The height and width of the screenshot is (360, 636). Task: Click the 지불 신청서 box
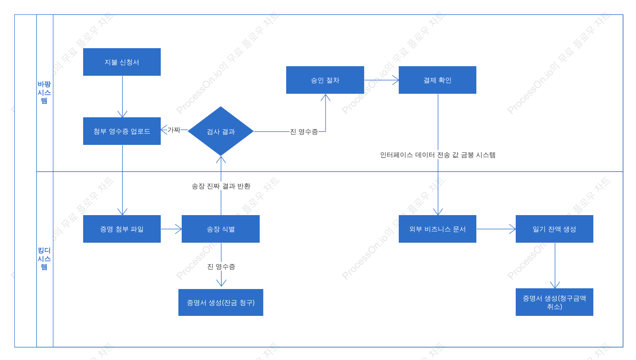click(x=122, y=62)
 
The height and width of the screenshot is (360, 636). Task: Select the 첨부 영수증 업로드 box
click(x=122, y=131)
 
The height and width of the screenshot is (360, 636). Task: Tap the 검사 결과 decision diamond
click(x=221, y=131)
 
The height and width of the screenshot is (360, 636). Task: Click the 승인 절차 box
click(x=325, y=80)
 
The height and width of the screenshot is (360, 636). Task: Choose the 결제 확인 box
click(x=437, y=80)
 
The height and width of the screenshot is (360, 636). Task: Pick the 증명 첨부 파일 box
click(x=122, y=229)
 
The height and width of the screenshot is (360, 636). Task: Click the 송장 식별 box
click(x=221, y=229)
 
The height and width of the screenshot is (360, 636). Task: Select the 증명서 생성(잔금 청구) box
click(x=221, y=302)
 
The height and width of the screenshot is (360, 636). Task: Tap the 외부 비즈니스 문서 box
click(x=437, y=229)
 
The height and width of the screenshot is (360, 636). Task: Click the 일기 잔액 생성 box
click(x=554, y=229)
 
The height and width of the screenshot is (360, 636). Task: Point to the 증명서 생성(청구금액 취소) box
click(x=554, y=302)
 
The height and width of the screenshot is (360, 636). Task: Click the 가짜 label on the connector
click(x=174, y=130)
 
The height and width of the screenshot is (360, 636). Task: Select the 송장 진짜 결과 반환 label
click(x=221, y=186)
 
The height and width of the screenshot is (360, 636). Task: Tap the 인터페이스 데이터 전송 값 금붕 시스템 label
click(x=438, y=155)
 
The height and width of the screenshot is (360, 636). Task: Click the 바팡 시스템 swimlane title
click(x=44, y=92)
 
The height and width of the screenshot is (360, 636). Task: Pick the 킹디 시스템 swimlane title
click(x=44, y=259)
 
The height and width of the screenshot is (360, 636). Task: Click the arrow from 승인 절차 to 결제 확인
click(x=381, y=80)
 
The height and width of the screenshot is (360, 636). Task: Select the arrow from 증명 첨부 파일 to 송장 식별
click(x=171, y=229)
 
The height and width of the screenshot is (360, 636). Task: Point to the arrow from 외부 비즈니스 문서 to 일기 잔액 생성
click(x=496, y=229)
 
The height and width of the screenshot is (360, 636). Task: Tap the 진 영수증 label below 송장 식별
click(x=221, y=267)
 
